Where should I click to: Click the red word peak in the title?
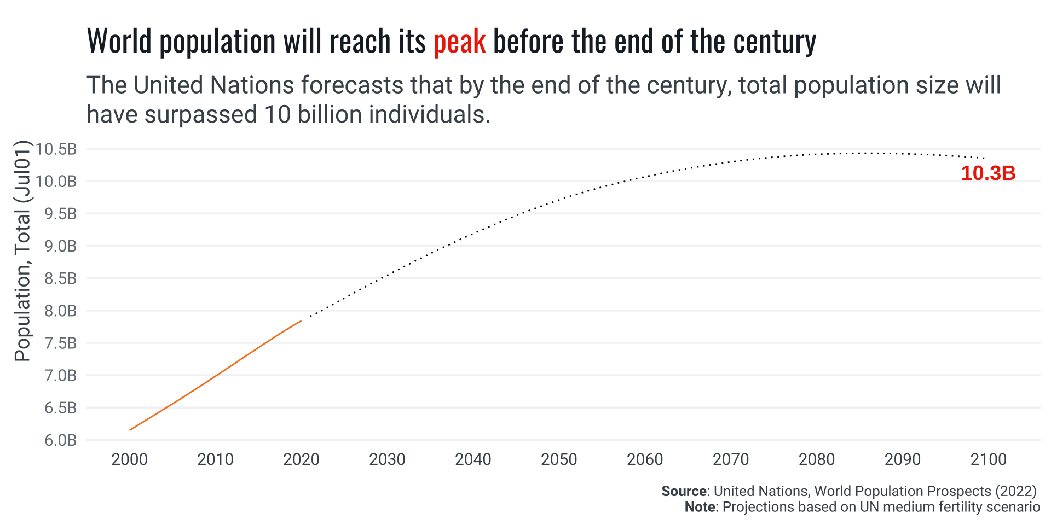[x=459, y=42]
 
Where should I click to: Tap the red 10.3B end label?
[x=988, y=173]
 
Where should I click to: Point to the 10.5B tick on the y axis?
[x=57, y=149]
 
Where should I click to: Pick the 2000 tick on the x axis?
[x=130, y=459]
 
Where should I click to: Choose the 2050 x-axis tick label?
[x=559, y=459]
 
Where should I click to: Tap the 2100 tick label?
[x=988, y=459]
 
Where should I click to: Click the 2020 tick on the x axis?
[x=301, y=459]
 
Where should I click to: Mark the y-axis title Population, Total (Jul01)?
[x=22, y=252]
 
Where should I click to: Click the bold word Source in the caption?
[x=684, y=491]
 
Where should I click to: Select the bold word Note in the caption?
[x=700, y=507]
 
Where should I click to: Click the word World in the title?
[x=119, y=42]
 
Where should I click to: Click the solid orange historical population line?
[x=216, y=376]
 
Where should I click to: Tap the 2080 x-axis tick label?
[x=816, y=459]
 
